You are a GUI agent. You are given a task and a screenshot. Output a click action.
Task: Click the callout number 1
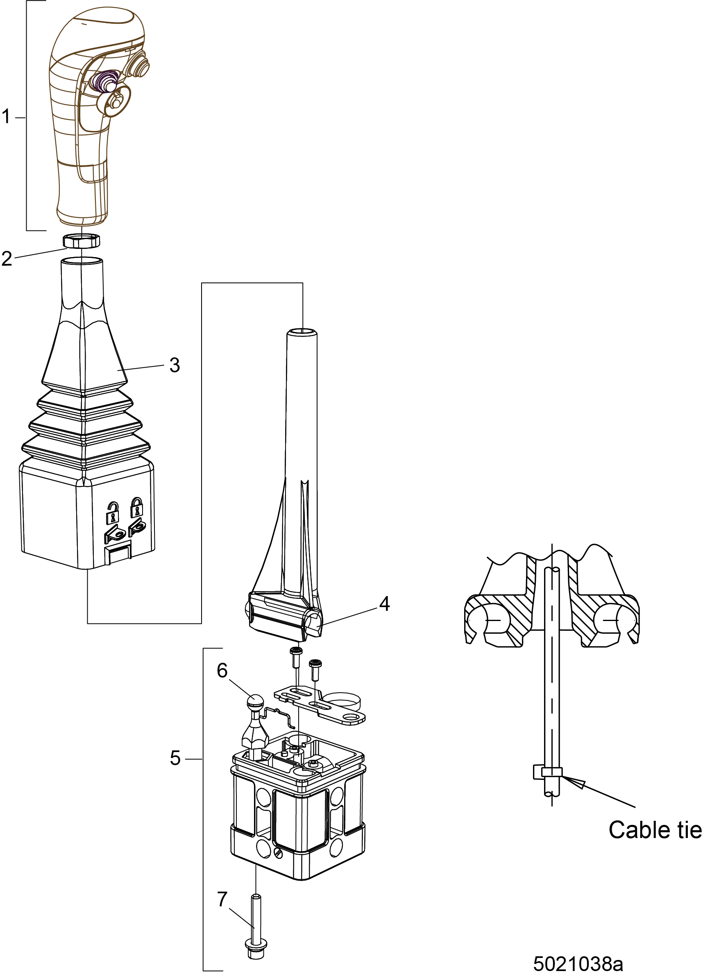tap(6, 116)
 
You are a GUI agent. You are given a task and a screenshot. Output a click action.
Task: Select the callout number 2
tap(7, 259)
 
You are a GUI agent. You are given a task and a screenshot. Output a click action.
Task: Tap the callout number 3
tap(175, 365)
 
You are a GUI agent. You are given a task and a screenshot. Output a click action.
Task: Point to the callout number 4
tap(384, 604)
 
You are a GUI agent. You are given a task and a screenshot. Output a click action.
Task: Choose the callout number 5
tap(175, 758)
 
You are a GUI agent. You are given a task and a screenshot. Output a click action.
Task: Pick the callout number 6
tap(222, 671)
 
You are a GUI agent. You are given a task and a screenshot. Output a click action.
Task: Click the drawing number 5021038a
tap(578, 963)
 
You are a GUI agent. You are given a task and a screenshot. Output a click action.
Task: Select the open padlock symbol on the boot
tap(113, 512)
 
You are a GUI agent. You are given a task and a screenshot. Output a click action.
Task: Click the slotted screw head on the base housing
tap(277, 852)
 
